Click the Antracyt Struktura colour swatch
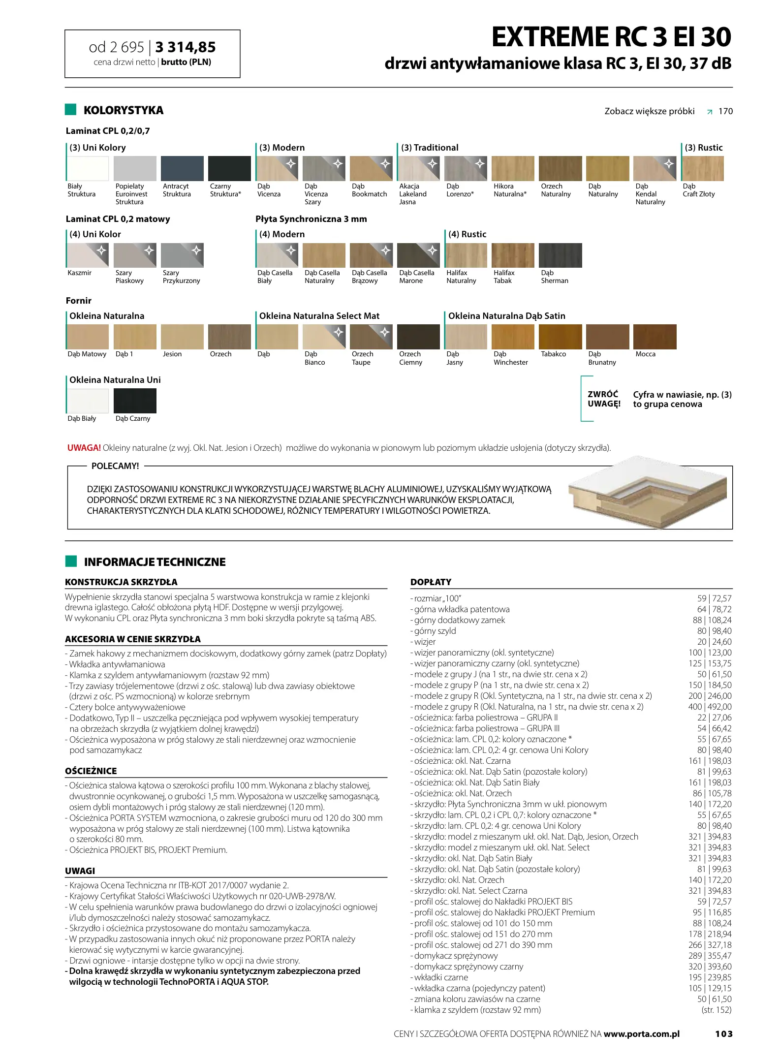tap(182, 169)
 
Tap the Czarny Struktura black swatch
tap(229, 169)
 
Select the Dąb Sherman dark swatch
tap(561, 255)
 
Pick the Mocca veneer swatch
tap(655, 337)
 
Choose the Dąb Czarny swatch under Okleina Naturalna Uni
tap(135, 401)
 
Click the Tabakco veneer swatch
tap(561, 337)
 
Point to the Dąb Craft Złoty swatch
tap(703, 169)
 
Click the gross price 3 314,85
tap(186, 47)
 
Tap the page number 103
tap(723, 1034)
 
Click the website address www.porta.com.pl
tap(642, 1034)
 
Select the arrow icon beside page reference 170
tap(709, 112)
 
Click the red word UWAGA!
tap(84, 448)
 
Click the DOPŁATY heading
tap(431, 582)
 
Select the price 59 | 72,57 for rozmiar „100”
tap(714, 598)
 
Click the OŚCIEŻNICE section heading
tap(91, 771)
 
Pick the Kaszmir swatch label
tap(80, 273)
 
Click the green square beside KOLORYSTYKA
tap(71, 110)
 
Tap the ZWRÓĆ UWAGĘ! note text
tap(604, 399)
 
